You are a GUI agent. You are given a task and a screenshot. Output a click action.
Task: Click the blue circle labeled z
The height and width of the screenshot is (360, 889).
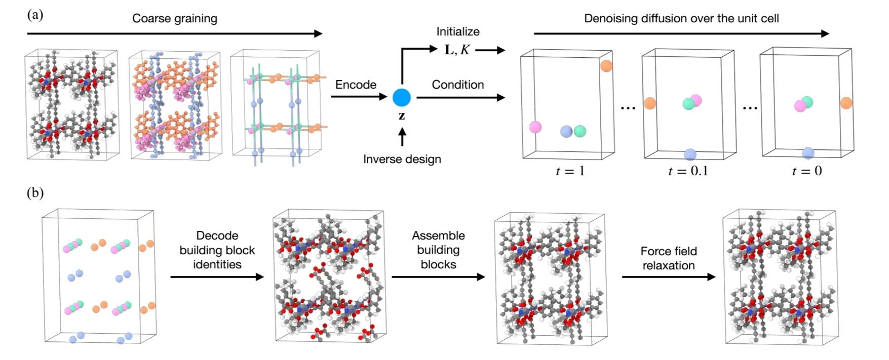tap(402, 97)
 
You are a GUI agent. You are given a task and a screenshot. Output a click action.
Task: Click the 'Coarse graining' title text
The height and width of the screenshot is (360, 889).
tap(175, 19)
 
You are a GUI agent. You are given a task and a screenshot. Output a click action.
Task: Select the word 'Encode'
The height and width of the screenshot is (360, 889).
tap(356, 85)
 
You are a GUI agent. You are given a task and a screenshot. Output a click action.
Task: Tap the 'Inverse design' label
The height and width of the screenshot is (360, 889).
tap(402, 159)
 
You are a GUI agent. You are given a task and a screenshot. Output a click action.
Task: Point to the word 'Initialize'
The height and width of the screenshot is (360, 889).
tap(458, 31)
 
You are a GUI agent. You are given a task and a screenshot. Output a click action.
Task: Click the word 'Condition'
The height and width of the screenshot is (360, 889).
tap(457, 85)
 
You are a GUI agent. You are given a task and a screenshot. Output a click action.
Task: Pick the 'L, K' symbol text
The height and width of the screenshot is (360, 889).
tap(457, 50)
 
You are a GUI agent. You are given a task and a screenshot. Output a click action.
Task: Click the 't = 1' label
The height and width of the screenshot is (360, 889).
tap(570, 171)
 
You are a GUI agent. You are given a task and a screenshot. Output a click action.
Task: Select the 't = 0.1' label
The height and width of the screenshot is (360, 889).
tap(688, 171)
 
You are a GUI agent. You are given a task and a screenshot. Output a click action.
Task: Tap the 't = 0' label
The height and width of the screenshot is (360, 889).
tap(807, 171)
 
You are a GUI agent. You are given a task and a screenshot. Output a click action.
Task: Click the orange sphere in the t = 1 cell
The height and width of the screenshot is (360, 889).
tap(606, 65)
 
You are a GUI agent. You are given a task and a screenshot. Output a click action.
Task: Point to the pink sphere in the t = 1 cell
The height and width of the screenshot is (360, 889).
tap(535, 127)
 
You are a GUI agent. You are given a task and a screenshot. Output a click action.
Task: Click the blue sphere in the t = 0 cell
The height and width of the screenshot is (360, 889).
tap(808, 153)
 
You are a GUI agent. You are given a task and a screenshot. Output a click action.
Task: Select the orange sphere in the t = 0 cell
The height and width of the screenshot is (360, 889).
tap(846, 103)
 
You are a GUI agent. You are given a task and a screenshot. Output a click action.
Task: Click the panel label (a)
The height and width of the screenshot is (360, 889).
tap(35, 15)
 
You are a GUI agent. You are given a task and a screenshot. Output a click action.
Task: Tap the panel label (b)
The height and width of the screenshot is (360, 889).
tap(35, 193)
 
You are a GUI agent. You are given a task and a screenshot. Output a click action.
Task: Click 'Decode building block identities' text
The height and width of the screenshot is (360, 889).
tap(217, 250)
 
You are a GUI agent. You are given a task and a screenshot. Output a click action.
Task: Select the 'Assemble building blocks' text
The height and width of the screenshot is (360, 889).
tap(438, 250)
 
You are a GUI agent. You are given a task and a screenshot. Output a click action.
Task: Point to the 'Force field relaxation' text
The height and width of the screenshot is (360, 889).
tap(669, 258)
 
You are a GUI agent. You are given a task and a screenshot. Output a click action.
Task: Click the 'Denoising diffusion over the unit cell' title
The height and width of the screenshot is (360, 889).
tap(681, 19)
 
